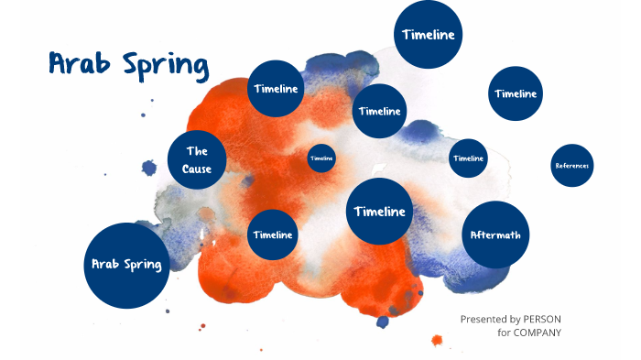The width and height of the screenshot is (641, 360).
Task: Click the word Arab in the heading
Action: click(x=78, y=65)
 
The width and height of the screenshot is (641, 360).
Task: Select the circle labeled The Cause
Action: click(x=197, y=159)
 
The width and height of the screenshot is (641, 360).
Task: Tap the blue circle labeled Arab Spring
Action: click(x=126, y=265)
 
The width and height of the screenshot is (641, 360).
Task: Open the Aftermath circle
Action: click(x=495, y=235)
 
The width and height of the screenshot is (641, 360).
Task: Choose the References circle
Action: click(x=572, y=166)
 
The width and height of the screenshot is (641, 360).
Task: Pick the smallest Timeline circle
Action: click(x=321, y=158)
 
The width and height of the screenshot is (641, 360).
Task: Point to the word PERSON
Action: click(x=542, y=318)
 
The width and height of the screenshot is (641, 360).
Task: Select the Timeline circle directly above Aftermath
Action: click(x=468, y=158)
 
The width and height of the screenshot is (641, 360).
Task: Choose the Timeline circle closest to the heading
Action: click(x=276, y=89)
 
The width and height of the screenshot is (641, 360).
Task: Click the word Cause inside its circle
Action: click(x=197, y=169)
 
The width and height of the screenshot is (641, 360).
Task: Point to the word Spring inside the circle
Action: click(x=143, y=265)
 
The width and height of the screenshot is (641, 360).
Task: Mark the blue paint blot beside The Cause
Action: click(x=149, y=168)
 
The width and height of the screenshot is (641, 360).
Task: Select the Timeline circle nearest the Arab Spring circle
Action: click(x=273, y=235)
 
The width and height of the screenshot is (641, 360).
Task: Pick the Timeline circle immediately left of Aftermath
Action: click(x=379, y=212)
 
